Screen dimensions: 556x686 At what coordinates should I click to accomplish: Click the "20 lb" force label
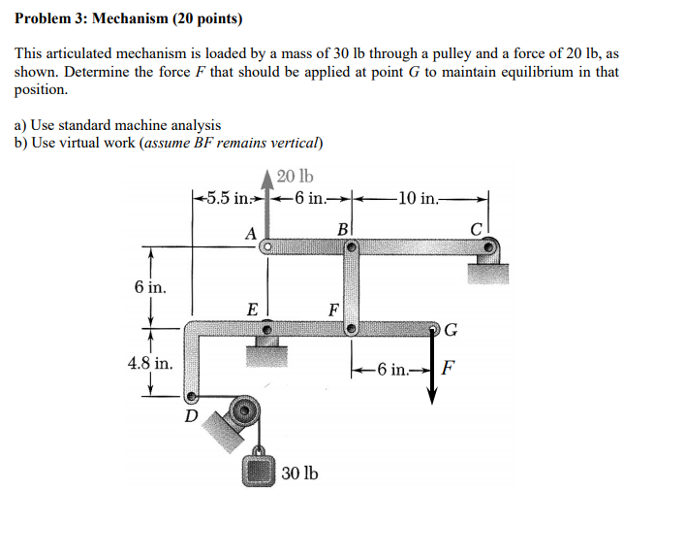pyautogui.click(x=295, y=177)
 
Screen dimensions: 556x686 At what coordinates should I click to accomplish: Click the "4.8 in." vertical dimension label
pyautogui.click(x=150, y=364)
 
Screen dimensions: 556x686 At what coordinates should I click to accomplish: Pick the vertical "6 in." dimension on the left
pyautogui.click(x=150, y=287)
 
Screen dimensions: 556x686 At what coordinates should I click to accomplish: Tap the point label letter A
pyautogui.click(x=250, y=233)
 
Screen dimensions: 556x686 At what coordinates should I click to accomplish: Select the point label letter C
pyautogui.click(x=477, y=230)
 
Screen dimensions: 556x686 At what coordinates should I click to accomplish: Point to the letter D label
pyautogui.click(x=192, y=417)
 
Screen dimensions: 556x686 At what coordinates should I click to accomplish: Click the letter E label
pyautogui.click(x=252, y=311)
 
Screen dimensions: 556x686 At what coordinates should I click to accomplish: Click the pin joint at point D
pyautogui.click(x=192, y=397)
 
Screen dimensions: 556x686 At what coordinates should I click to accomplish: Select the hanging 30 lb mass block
pyautogui.click(x=259, y=473)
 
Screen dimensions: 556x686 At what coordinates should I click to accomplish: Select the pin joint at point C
pyautogui.click(x=491, y=246)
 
